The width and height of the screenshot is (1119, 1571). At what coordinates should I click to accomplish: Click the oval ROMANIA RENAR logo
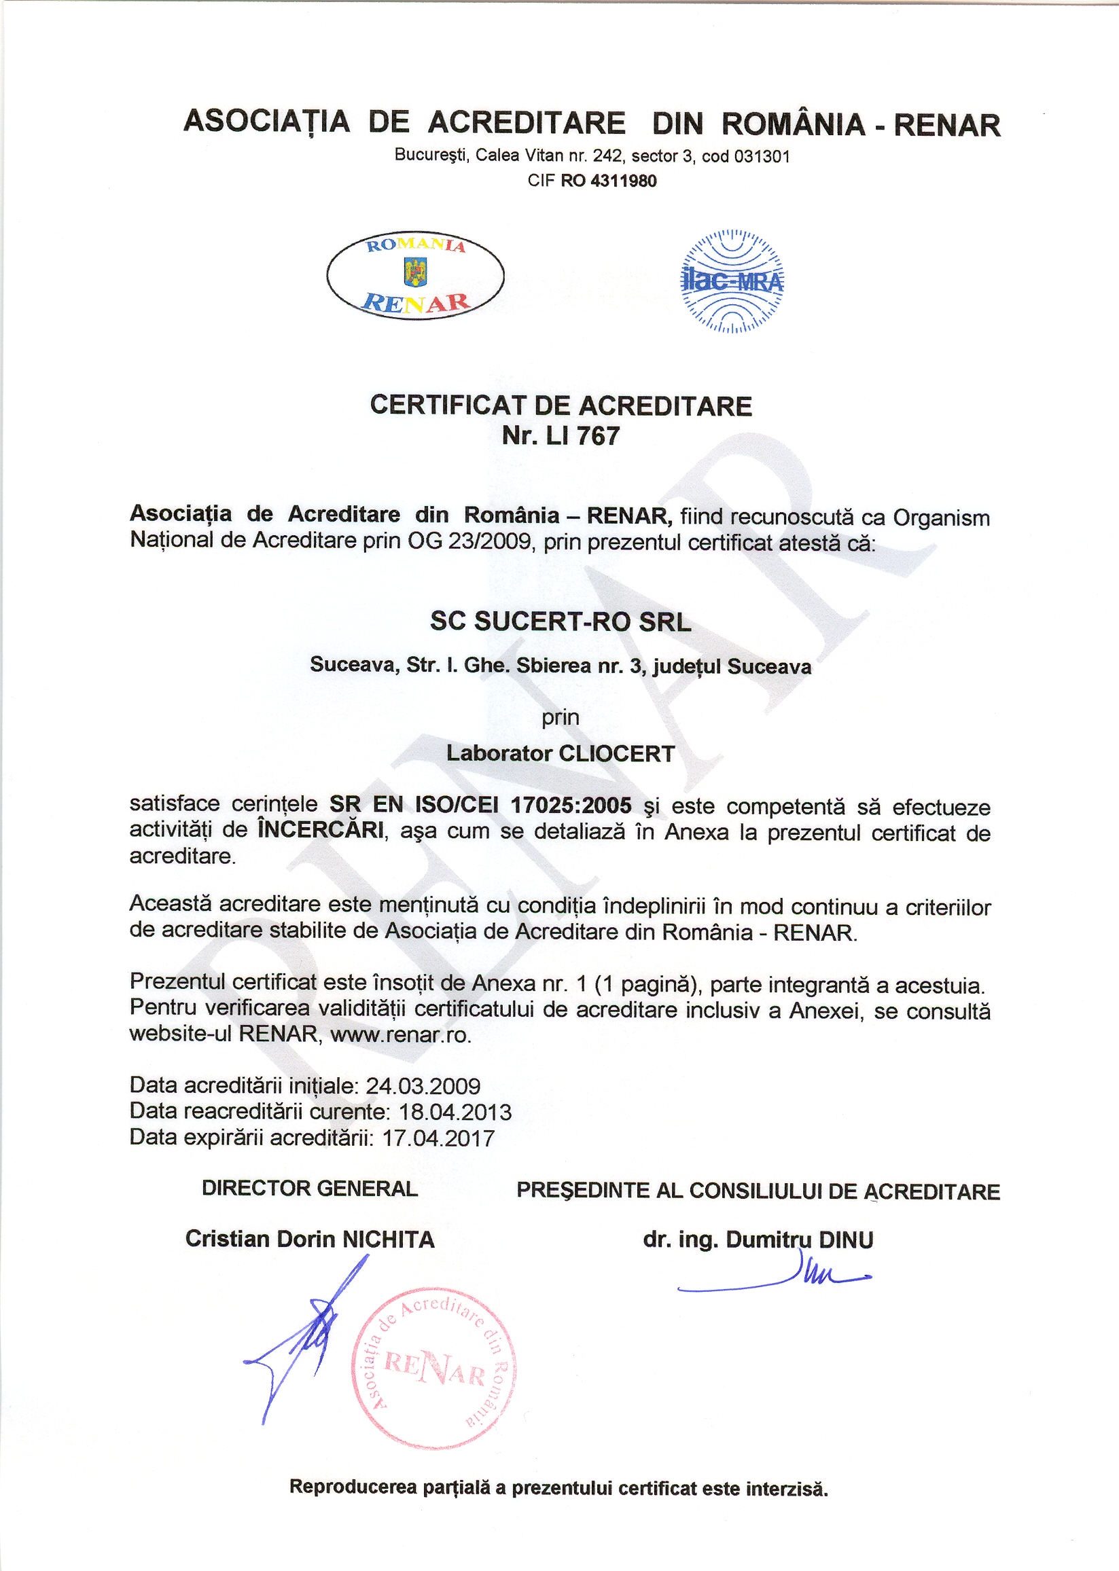tap(415, 275)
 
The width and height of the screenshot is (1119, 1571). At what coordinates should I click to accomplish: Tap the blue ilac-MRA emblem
tap(732, 281)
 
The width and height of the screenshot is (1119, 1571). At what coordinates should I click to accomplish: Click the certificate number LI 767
tap(582, 436)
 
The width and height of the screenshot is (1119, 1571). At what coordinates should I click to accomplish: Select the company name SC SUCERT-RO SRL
tap(561, 621)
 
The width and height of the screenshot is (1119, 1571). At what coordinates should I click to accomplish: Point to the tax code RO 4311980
tap(609, 181)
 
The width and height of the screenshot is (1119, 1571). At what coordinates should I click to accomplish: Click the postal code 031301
tap(762, 156)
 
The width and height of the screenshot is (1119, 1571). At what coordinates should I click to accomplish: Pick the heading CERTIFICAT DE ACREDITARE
tap(561, 405)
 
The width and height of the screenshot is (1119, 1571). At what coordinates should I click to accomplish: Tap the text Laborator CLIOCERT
tap(561, 753)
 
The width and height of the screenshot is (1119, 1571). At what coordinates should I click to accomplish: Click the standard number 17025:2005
tap(571, 804)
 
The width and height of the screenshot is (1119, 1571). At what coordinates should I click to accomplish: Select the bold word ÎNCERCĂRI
tap(321, 830)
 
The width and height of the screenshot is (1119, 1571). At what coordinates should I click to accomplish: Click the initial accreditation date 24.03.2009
tap(423, 1086)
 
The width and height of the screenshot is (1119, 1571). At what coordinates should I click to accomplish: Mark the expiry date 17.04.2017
tap(438, 1138)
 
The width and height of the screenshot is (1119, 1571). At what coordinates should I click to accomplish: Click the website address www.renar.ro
tap(400, 1034)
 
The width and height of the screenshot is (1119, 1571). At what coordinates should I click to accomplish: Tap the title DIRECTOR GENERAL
tap(309, 1188)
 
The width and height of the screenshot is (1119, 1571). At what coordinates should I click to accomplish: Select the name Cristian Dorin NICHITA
tap(309, 1239)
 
